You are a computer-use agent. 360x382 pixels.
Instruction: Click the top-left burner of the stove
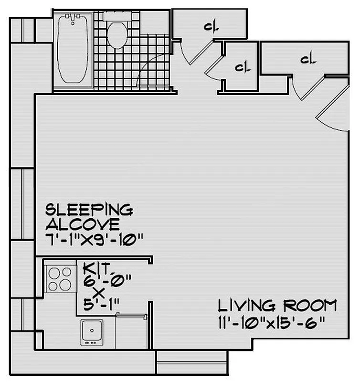[x=53, y=274]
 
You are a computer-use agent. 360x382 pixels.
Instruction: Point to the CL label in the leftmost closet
[x=211, y=28]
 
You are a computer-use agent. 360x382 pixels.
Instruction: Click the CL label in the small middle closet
[x=243, y=67]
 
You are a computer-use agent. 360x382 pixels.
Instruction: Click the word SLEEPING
[x=88, y=210]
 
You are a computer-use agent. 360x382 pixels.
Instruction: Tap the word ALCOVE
[x=82, y=224]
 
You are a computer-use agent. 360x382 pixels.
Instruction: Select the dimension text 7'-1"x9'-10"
[x=94, y=238]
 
